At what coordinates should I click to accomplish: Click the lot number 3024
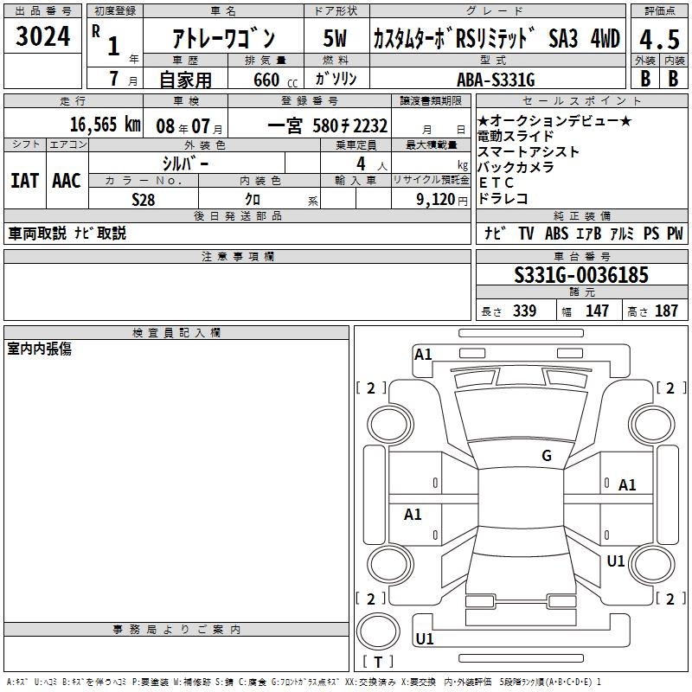click(42, 36)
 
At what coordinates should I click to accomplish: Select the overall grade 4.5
click(659, 40)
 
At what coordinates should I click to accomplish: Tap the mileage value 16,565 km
click(105, 125)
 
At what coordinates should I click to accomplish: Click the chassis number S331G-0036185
click(581, 275)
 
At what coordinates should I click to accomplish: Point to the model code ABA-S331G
click(496, 80)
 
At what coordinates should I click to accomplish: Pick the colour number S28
click(144, 200)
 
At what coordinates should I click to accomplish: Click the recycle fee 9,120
click(435, 200)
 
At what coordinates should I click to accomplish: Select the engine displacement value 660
click(266, 80)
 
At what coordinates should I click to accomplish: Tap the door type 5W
click(335, 38)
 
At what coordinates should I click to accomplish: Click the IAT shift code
click(25, 181)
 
